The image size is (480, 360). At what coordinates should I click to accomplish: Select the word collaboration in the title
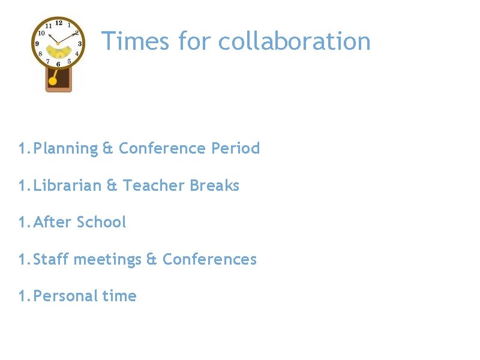click(294, 41)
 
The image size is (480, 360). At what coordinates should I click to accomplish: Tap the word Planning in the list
click(66, 148)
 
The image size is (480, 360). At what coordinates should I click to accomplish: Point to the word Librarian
click(68, 185)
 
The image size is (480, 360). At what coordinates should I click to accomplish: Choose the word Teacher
click(154, 185)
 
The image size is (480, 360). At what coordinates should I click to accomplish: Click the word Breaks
click(214, 185)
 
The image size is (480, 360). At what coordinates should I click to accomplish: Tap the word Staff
click(51, 259)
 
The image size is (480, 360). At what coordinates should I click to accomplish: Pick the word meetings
click(107, 259)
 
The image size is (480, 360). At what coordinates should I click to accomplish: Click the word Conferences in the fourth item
click(209, 259)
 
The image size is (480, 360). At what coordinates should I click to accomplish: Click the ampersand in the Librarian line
click(112, 185)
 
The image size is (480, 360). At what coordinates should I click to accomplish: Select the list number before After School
click(24, 222)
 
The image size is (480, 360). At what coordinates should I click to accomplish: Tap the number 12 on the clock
click(58, 23)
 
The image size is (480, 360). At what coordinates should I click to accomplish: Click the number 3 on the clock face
click(79, 43)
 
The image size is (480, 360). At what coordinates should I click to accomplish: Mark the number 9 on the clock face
click(37, 44)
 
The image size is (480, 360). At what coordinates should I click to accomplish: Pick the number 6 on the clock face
click(58, 64)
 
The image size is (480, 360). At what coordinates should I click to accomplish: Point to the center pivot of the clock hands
click(58, 43)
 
